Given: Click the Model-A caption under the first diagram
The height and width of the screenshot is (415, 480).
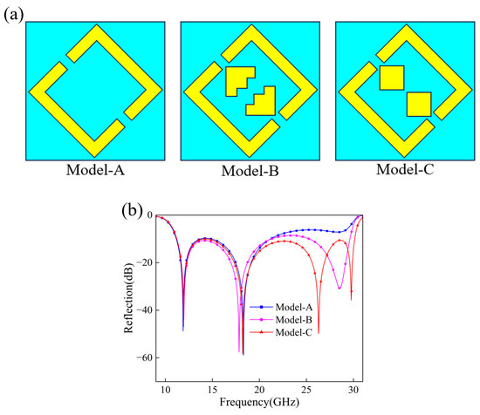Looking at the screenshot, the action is (95, 170).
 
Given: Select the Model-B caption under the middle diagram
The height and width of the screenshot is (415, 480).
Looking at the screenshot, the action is (250, 171).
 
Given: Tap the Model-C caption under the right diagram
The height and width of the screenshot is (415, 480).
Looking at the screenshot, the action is (405, 169).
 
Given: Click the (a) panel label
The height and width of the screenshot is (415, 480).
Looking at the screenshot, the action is (13, 15).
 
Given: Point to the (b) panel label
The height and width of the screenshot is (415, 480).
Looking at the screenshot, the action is (132, 211).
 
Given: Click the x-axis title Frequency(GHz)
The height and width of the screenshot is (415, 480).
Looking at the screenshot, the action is (259, 403).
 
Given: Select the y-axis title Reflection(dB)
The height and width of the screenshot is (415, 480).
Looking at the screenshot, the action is (129, 298).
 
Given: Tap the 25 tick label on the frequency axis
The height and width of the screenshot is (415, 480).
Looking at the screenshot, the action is (306, 391).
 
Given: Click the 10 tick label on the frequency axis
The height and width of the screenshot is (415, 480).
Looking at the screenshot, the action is (165, 391).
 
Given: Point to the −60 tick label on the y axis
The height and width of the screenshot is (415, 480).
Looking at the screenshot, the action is (145, 357).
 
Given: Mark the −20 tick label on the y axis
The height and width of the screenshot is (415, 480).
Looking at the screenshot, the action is (145, 262).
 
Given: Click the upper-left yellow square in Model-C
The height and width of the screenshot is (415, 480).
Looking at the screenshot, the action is (392, 78).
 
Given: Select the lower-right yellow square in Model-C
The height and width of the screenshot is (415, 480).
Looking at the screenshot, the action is (419, 105).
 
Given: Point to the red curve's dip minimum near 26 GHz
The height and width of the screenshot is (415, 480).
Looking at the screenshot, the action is (319, 333).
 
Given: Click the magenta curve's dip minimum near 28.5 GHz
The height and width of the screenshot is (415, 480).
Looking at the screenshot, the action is (339, 288).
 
